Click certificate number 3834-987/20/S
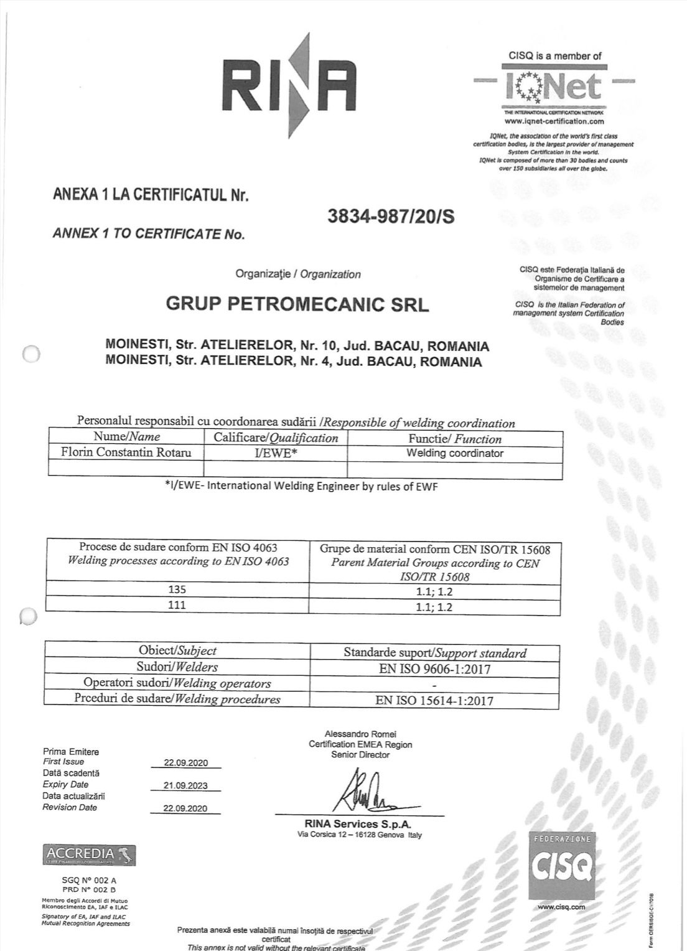click(390, 216)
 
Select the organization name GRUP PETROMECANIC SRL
click(297, 305)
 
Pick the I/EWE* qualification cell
click(276, 453)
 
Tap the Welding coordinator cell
click(455, 453)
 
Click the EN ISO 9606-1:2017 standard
click(435, 669)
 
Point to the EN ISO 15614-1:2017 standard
click(435, 700)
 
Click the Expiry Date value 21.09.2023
click(185, 785)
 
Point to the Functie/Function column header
click(455, 438)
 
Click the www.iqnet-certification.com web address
click(554, 121)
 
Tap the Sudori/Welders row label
click(177, 667)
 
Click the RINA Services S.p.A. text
click(360, 824)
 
